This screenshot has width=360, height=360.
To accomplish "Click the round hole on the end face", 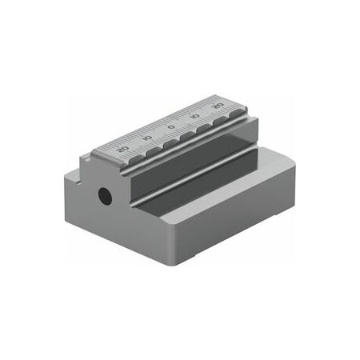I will click(x=104, y=194).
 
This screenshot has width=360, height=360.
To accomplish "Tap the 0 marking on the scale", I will click(x=171, y=126).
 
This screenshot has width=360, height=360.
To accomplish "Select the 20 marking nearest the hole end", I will click(x=122, y=149).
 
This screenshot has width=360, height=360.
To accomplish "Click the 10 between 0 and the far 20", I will click(x=194, y=116).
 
